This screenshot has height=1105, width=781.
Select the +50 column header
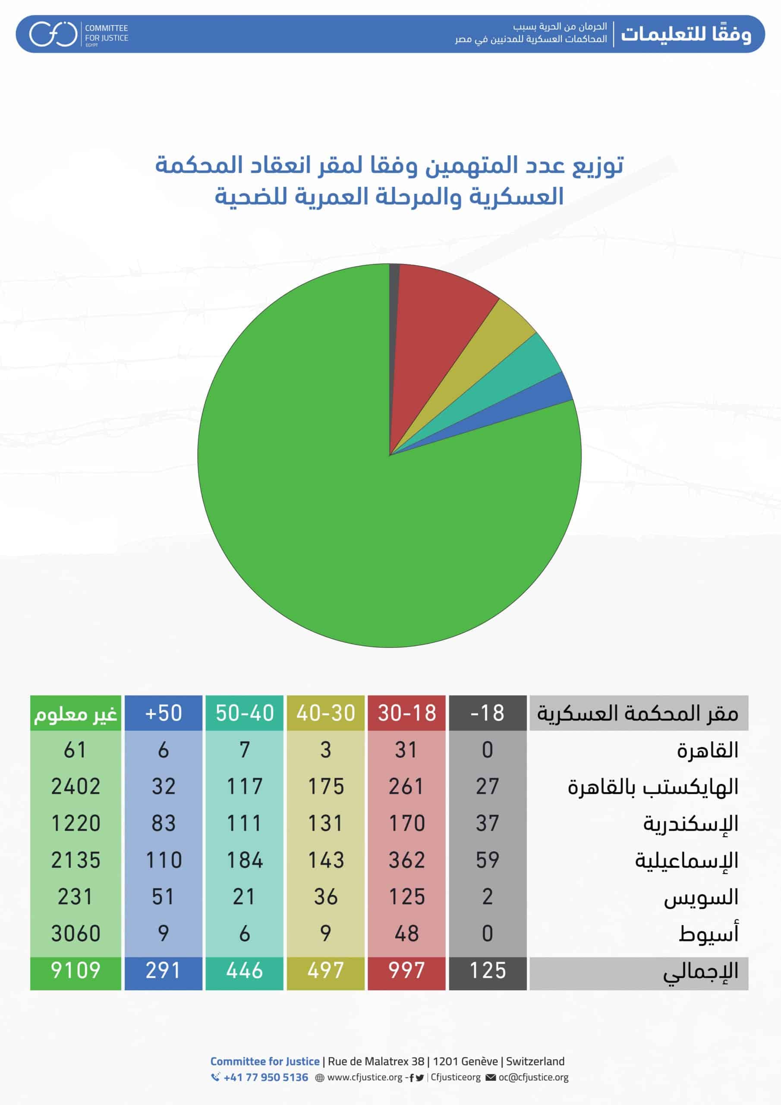[163, 713]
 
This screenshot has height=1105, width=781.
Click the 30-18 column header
[406, 713]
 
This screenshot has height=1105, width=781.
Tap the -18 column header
[488, 713]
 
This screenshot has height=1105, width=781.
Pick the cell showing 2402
[76, 786]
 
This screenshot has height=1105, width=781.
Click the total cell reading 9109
[76, 970]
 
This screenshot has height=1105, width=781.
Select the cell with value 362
[406, 860]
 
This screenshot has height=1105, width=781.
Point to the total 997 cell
[406, 970]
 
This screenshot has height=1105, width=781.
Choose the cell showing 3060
[76, 934]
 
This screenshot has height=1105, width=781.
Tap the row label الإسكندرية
[690, 824]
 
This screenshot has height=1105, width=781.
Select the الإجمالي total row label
[700, 971]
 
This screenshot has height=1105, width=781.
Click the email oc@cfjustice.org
[533, 1077]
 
